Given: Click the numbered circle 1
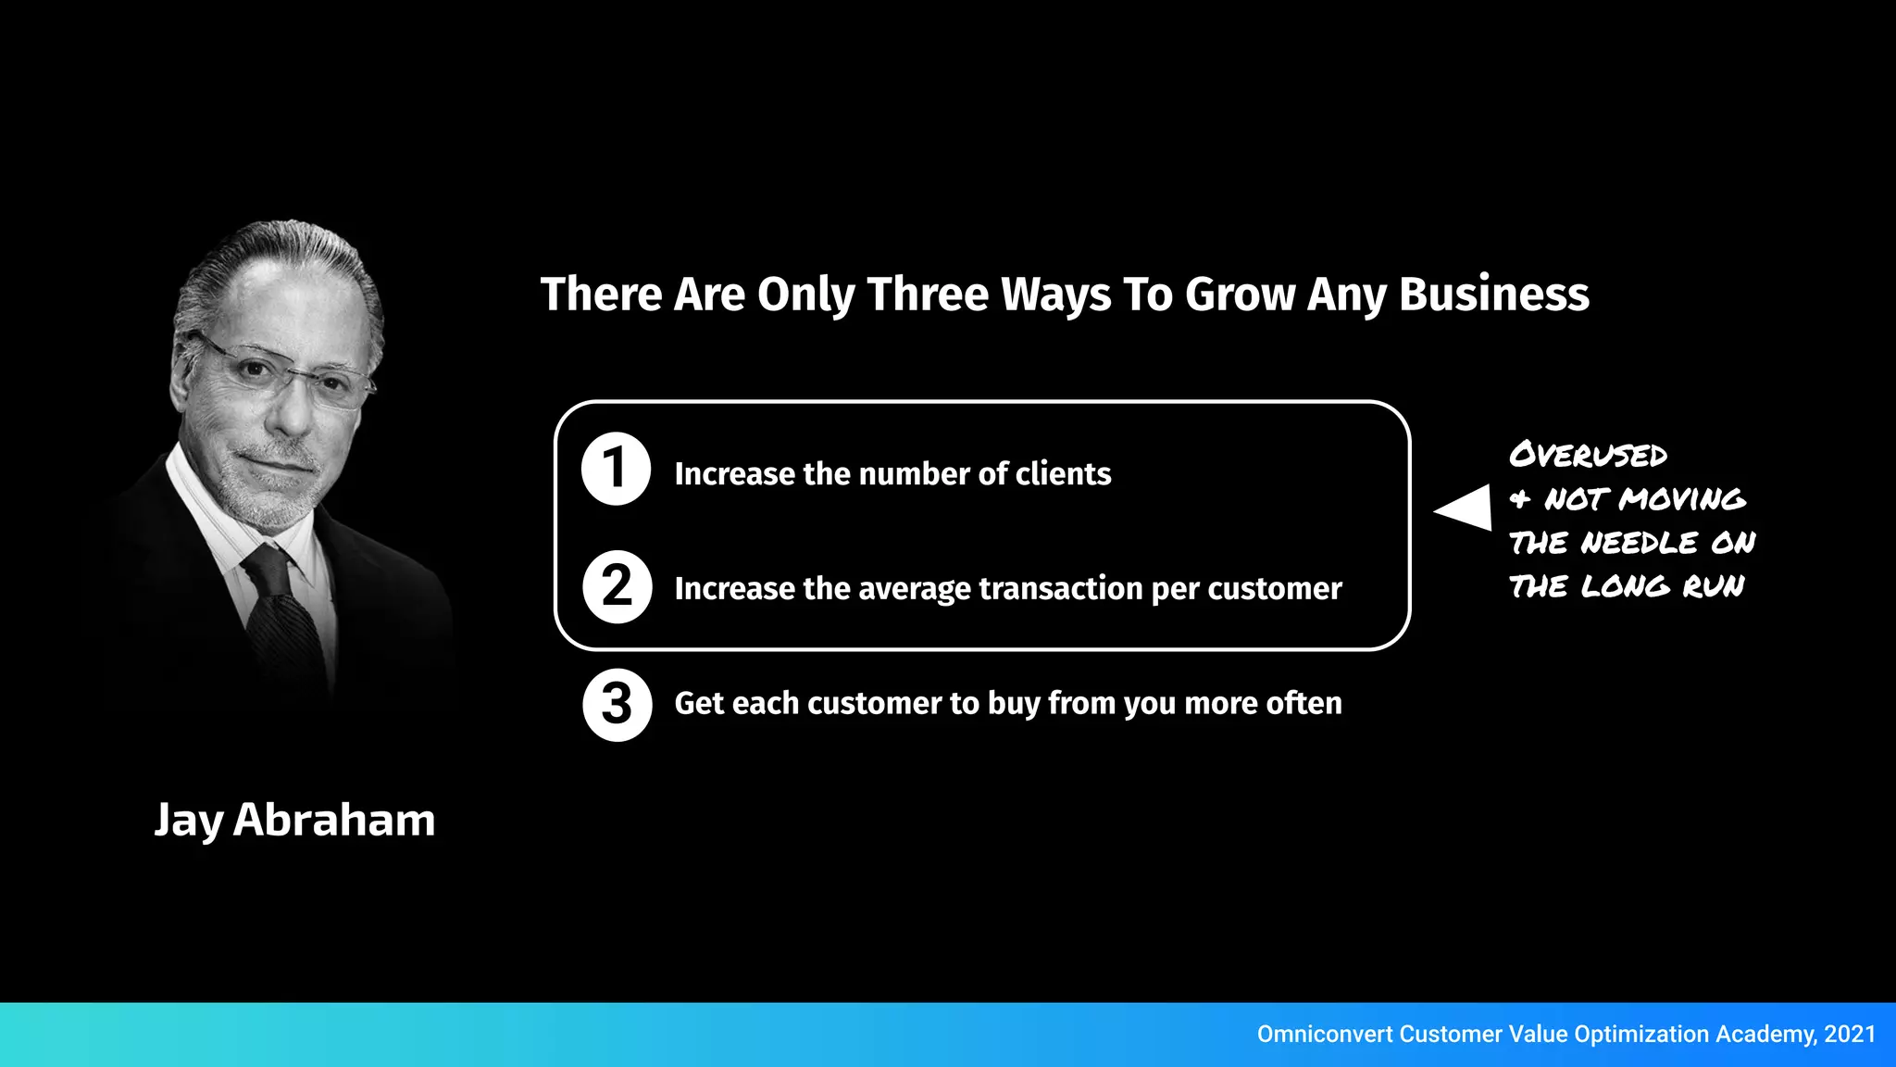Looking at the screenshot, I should click(x=616, y=469).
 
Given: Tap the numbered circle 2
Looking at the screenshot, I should click(x=617, y=586).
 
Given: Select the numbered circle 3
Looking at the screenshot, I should click(x=617, y=705).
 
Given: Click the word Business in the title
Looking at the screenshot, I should click(x=1493, y=295).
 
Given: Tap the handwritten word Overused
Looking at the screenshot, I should click(x=1588, y=455).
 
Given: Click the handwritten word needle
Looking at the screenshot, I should click(x=1640, y=543).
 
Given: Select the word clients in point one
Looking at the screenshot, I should click(x=1063, y=474).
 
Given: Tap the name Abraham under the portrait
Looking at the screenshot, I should click(x=333, y=820).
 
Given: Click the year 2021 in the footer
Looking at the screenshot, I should click(x=1850, y=1035).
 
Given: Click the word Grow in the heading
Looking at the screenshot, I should click(x=1240, y=295).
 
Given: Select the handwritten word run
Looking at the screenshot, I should click(x=1713, y=586).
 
